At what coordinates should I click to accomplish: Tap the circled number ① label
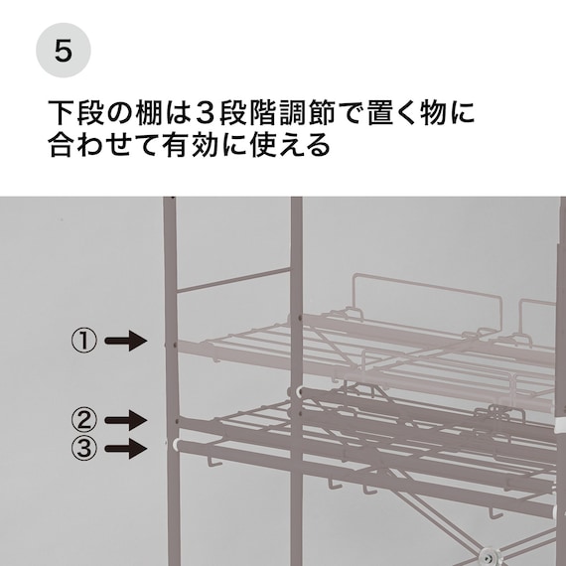[x=83, y=342]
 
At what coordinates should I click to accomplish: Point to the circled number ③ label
[x=83, y=448]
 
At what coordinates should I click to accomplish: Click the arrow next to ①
[x=125, y=342]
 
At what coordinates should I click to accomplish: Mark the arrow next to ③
[x=125, y=448]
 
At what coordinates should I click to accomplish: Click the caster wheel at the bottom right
[x=487, y=555]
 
